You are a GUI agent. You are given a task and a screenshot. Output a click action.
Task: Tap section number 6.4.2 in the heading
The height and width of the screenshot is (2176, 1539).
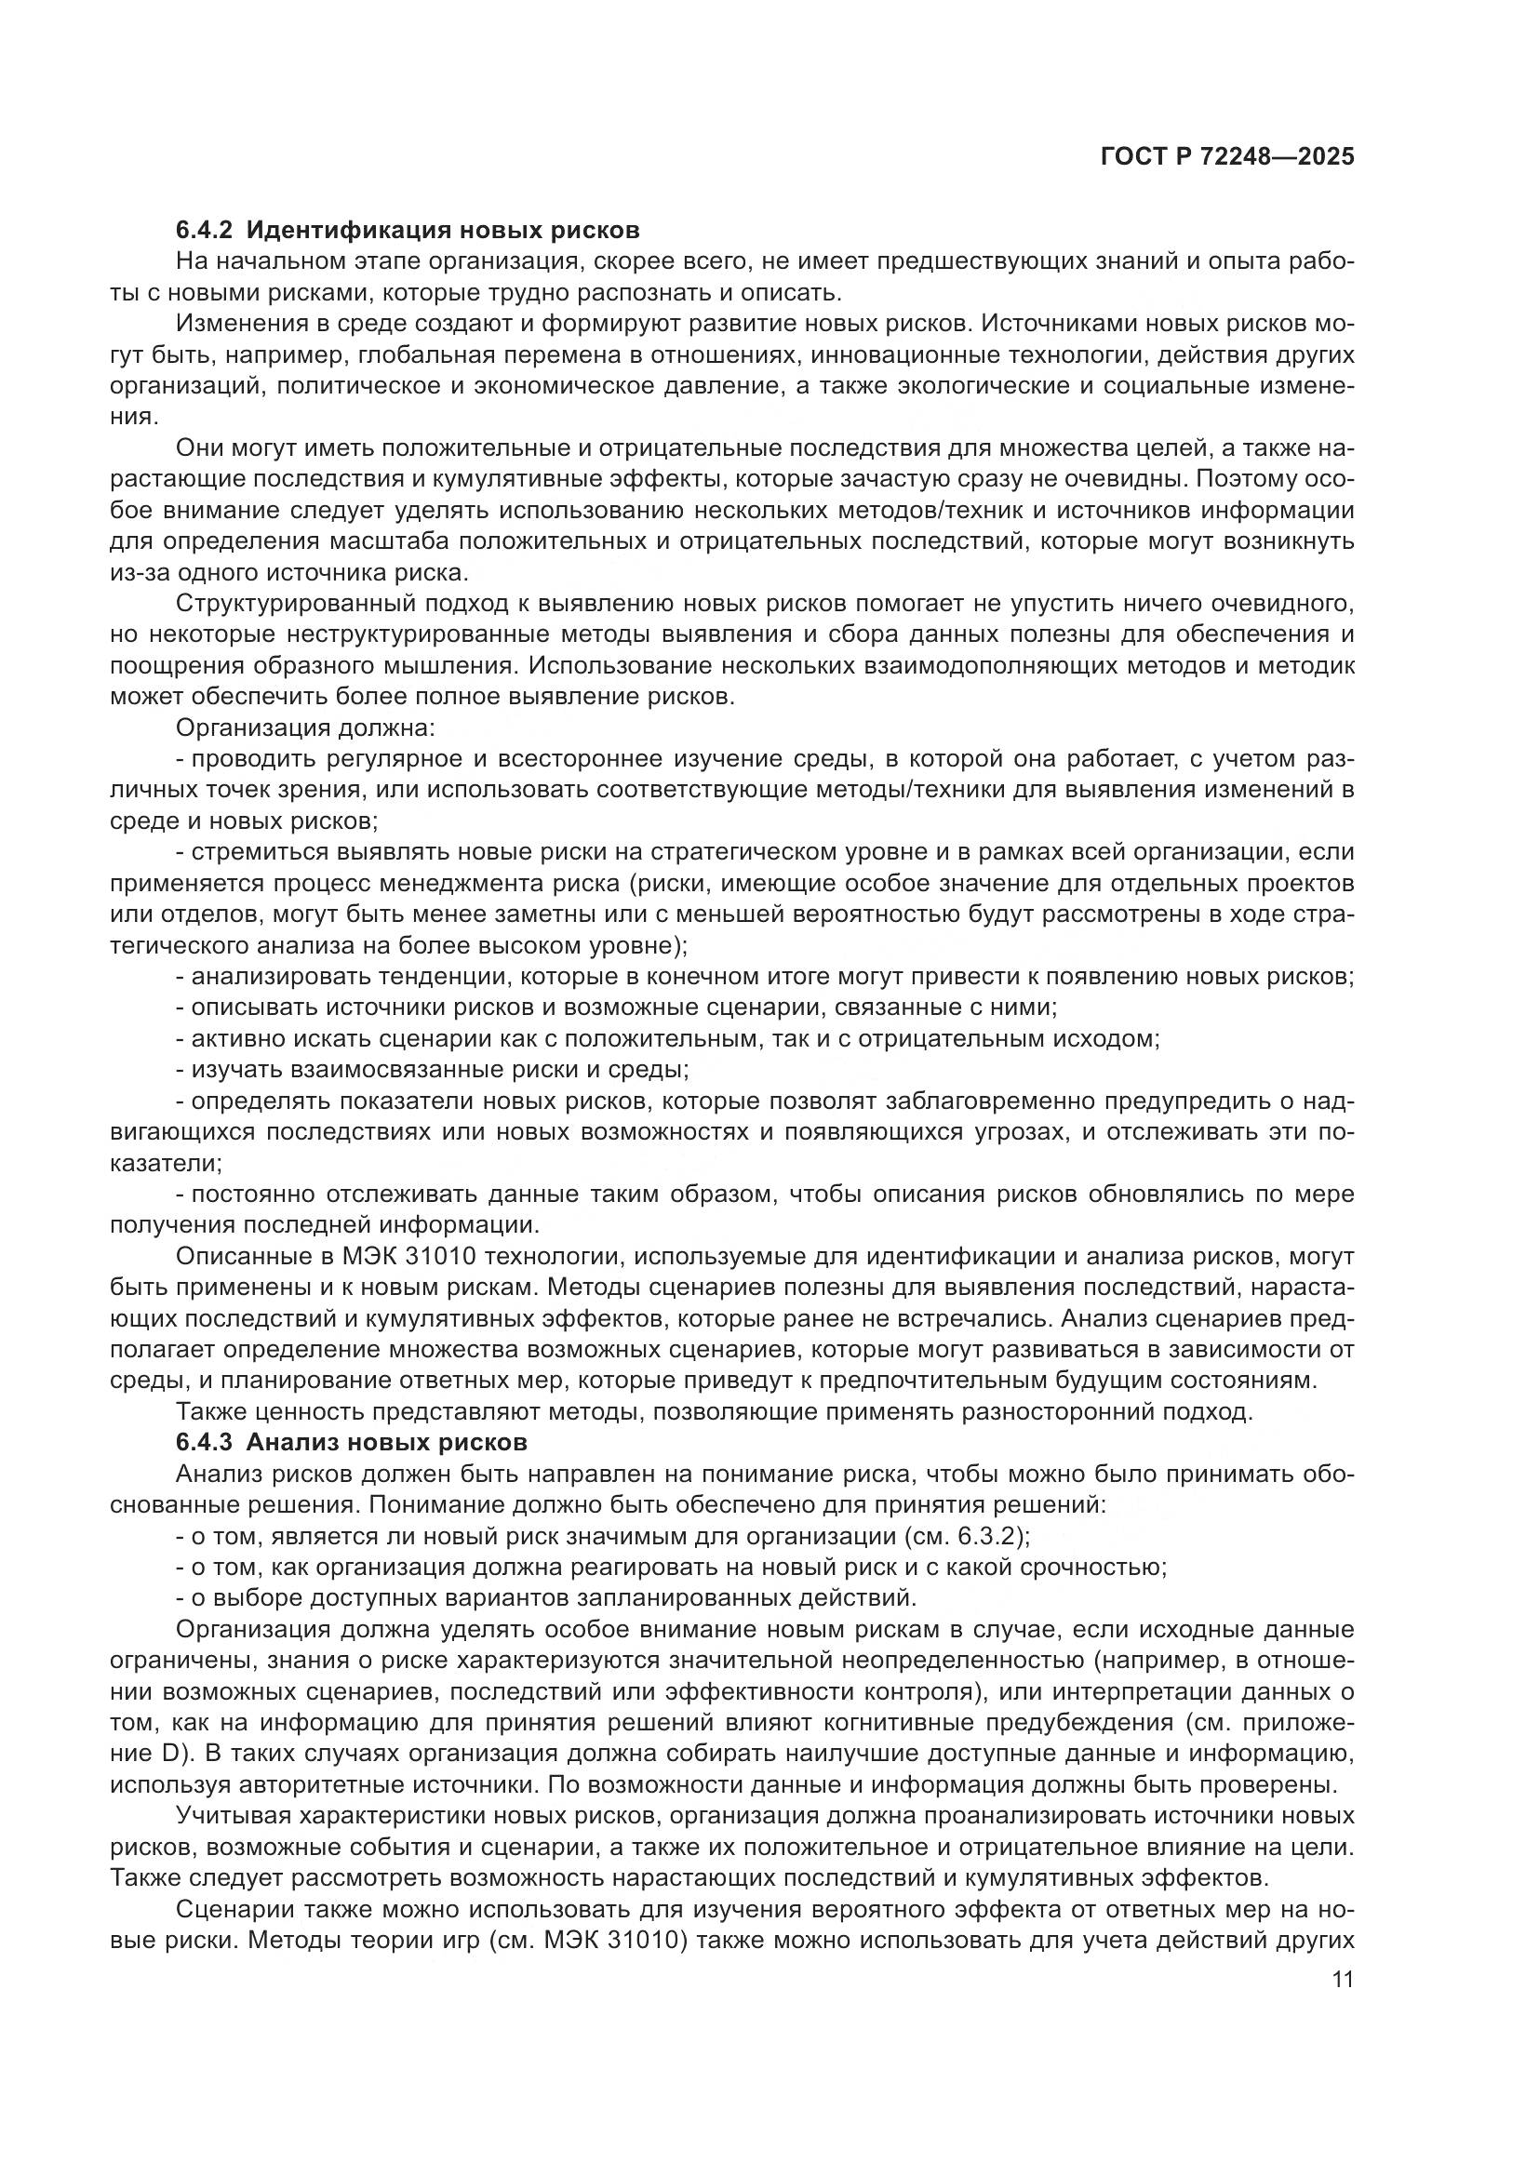[x=204, y=231]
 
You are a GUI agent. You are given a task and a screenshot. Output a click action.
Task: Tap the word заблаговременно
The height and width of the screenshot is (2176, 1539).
[x=1011, y=1101]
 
